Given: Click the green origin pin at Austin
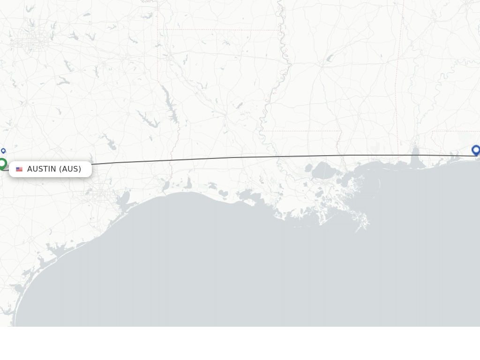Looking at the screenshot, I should point(2,164).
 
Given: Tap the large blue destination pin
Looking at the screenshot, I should point(476,150).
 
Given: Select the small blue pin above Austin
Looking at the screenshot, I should point(3,150).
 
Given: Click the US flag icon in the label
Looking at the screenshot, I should point(19,169).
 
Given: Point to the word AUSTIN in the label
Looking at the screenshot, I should point(42,169).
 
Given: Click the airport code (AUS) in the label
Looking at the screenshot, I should point(70,169).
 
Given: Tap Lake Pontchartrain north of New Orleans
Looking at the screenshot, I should point(324,171).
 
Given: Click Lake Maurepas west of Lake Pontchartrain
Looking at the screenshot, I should point(308,168).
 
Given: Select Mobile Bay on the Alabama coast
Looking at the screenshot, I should point(415,157).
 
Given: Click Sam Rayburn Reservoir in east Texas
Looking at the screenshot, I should point(149,120).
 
